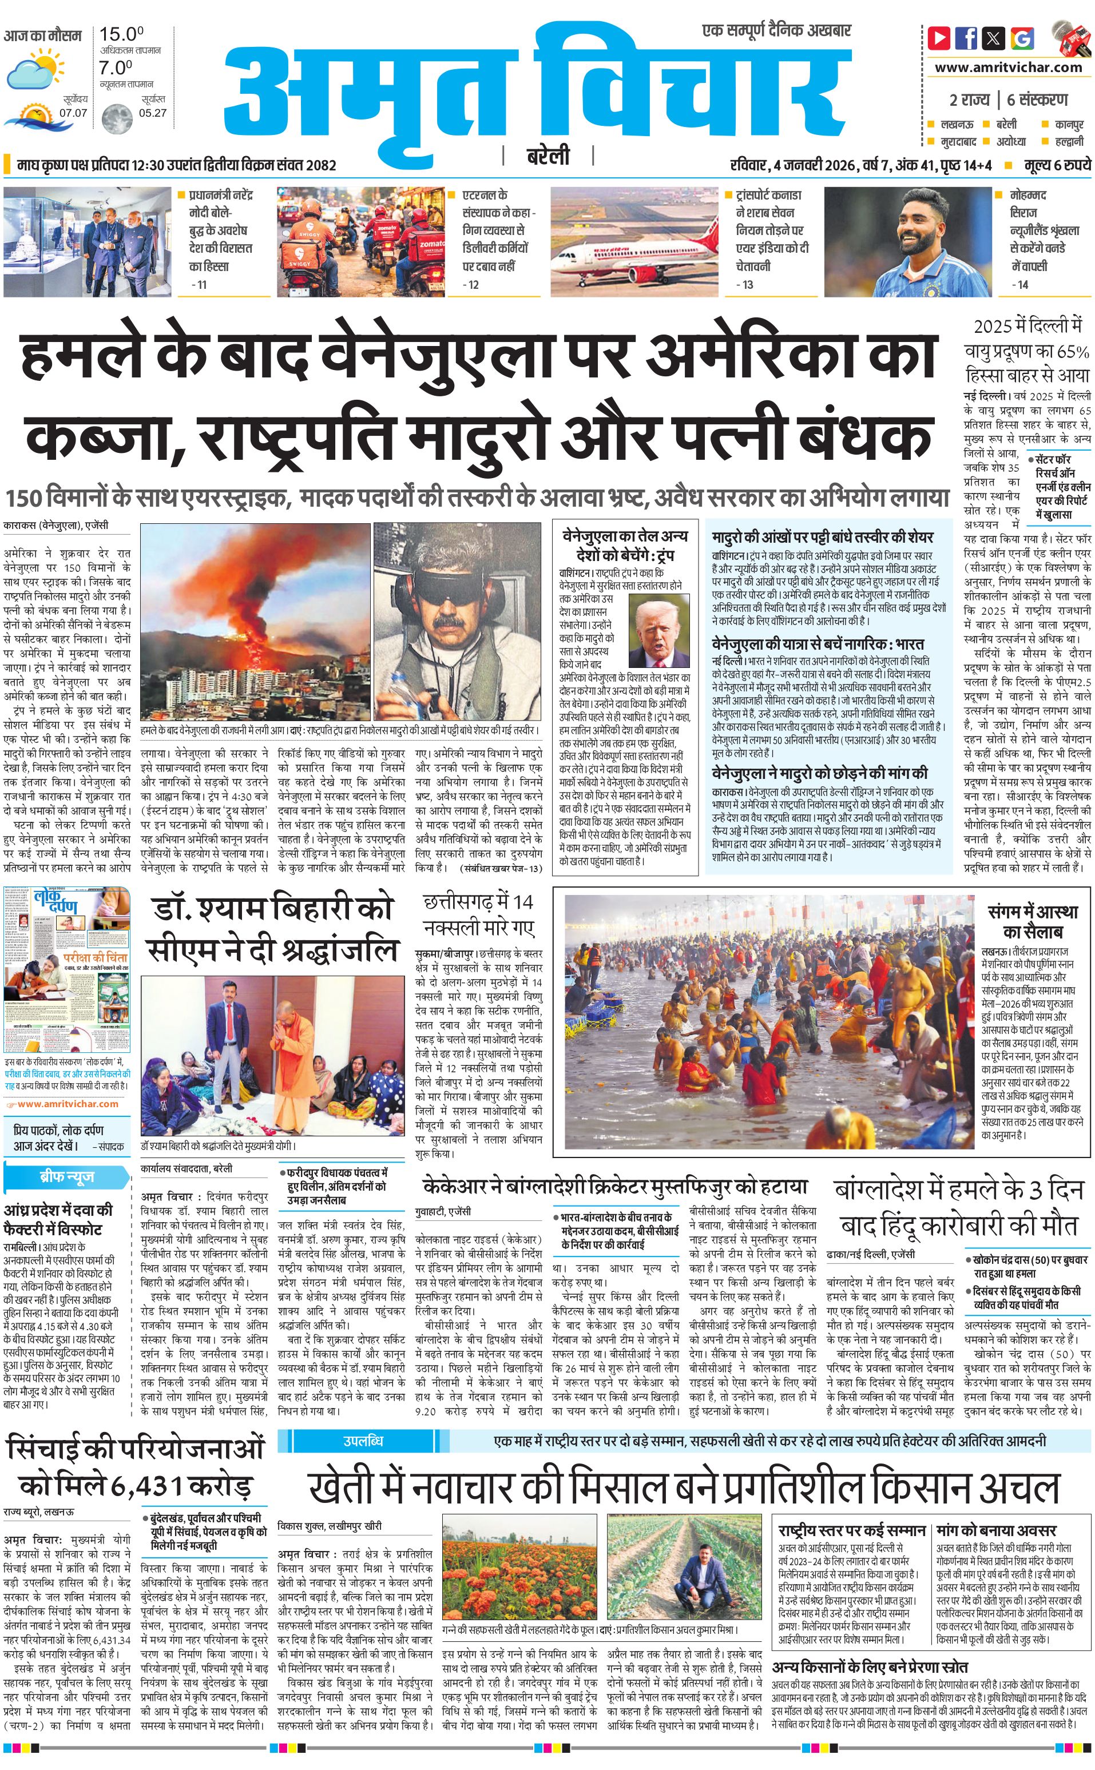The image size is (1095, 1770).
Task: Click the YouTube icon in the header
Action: click(939, 38)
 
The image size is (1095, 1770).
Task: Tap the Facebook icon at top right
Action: click(967, 38)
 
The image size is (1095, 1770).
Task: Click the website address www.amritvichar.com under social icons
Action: click(1007, 67)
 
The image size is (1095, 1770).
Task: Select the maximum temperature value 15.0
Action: click(121, 34)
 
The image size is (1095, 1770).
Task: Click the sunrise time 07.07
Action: click(73, 113)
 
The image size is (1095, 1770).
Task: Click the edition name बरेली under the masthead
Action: click(547, 156)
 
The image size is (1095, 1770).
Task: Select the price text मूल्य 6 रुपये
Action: click(1057, 165)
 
